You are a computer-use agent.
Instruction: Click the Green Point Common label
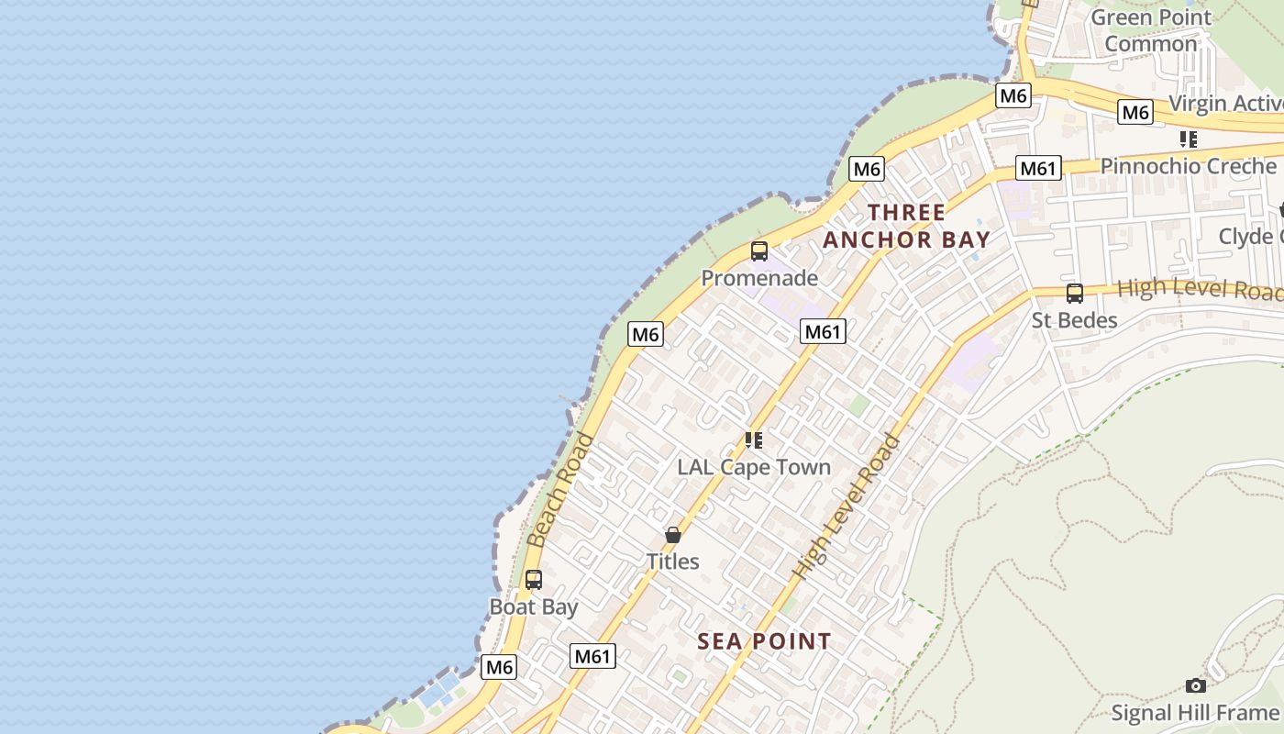[1150, 30]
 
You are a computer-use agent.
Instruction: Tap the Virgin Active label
[1225, 104]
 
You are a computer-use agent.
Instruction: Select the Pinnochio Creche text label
[1188, 166]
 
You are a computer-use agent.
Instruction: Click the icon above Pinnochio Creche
[1189, 139]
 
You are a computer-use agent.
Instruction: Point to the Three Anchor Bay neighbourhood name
[906, 227]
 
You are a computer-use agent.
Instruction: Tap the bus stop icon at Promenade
[759, 250]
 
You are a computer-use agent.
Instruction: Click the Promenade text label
[759, 277]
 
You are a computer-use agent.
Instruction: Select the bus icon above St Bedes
[1074, 294]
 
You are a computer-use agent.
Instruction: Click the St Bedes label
[1074, 320]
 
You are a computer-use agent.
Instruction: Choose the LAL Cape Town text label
[754, 467]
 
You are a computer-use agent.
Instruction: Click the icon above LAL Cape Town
[754, 440]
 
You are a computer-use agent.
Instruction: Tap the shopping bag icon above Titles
[673, 535]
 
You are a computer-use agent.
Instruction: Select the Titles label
[673, 562]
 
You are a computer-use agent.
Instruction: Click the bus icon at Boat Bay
[534, 580]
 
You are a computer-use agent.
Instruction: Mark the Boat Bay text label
[534, 607]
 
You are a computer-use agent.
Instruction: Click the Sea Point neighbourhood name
[764, 641]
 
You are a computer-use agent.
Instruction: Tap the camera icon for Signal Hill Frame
[1195, 685]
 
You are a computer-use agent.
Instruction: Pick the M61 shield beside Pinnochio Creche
[1039, 168]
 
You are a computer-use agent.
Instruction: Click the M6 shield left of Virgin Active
[1135, 112]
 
